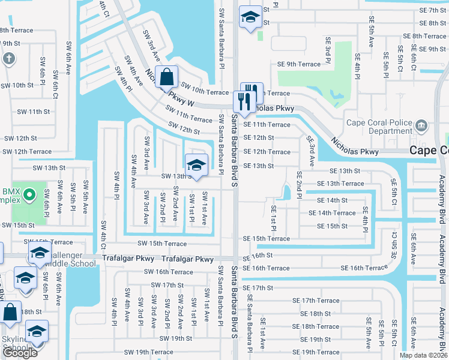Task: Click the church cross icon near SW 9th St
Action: (8, 59)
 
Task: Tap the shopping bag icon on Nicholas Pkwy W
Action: (168, 77)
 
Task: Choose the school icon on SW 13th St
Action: (196, 164)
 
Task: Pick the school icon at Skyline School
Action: (37, 332)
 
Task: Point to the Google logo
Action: (20, 353)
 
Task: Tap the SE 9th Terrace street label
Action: (299, 64)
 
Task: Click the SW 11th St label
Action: (33, 112)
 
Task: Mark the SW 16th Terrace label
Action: (168, 272)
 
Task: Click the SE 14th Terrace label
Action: (332, 213)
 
